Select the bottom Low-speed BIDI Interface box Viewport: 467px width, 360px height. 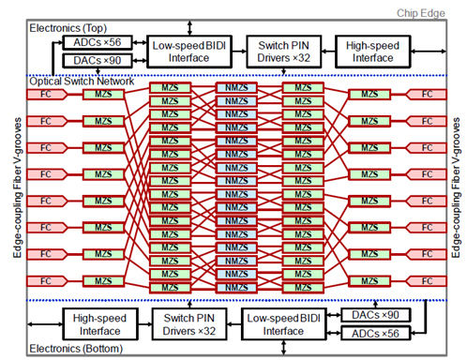coord(279,323)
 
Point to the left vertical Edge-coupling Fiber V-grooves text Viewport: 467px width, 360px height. coord(13,187)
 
